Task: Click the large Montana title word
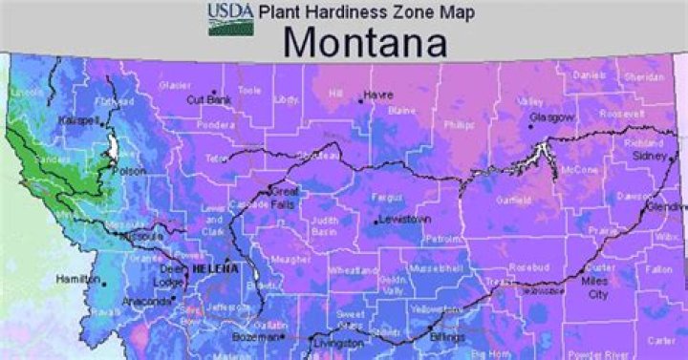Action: tap(365, 43)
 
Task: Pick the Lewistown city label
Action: tap(401, 221)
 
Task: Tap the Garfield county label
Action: tap(513, 201)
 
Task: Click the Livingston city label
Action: tap(339, 342)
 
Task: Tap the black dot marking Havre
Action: tap(362, 95)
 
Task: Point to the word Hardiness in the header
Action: tap(344, 11)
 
